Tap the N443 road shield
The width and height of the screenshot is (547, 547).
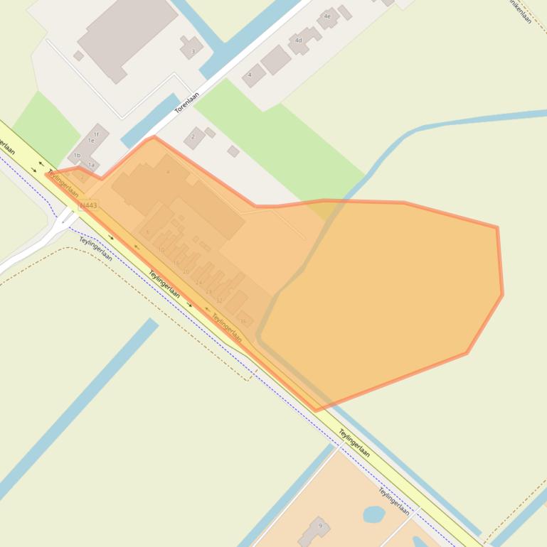coord(88,205)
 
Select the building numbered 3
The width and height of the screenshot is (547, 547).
coord(191,48)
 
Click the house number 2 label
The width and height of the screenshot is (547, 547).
coord(193,137)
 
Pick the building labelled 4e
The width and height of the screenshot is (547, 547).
coord(328,17)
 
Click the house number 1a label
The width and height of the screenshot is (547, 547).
coord(91,165)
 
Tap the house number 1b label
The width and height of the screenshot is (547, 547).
coord(77,155)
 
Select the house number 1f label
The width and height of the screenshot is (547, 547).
coord(96,134)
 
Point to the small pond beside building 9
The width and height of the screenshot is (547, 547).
coord(373,513)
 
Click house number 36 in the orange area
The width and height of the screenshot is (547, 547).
coord(243,321)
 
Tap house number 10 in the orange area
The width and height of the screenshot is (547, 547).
coord(161,250)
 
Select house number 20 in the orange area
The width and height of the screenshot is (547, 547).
coord(186,271)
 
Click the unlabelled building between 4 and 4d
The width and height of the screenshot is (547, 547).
coord(275,60)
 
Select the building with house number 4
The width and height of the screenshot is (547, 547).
coord(253,75)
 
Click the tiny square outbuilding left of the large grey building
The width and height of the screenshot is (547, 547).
coord(78,55)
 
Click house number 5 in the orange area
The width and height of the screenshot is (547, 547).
coord(148,232)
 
